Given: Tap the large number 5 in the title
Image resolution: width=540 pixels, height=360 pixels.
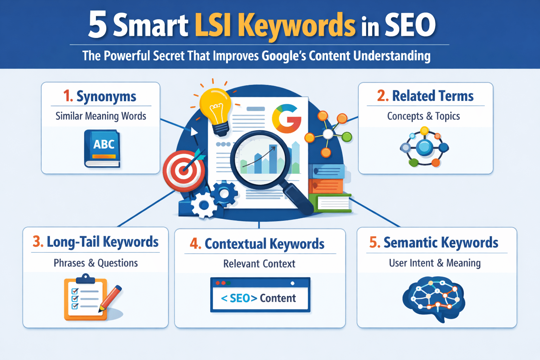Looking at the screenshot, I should (97, 25).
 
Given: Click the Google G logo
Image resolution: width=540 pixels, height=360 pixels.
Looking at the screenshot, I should (287, 118).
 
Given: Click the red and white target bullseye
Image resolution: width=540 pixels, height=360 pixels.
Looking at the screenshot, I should (184, 171).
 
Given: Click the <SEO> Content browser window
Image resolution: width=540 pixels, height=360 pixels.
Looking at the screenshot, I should (260, 295).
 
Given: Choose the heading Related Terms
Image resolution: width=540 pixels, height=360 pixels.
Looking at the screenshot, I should (433, 96).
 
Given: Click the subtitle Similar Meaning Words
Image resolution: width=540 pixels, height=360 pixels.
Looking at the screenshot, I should (101, 116).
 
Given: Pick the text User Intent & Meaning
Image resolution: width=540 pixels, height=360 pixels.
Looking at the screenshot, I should (435, 263).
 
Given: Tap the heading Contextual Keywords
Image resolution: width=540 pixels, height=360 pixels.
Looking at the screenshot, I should (264, 244).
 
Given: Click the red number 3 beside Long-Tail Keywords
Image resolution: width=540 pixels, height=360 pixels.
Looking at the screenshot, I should (38, 242).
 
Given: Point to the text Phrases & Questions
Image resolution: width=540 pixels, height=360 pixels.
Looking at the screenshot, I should (96, 263).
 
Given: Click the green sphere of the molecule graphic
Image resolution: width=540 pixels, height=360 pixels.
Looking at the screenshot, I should (347, 136).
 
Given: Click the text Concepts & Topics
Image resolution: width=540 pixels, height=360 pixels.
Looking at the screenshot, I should (423, 116).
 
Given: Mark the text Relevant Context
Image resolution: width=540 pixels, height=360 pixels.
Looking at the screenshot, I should (259, 264).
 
